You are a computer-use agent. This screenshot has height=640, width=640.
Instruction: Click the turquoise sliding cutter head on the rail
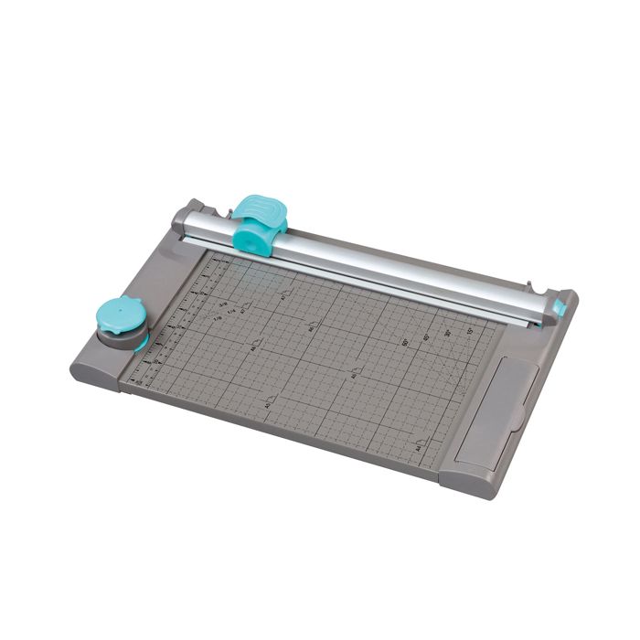point(259,222)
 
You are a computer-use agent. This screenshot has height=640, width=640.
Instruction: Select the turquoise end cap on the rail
point(558,307)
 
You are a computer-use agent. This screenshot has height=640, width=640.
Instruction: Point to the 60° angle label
point(405,343)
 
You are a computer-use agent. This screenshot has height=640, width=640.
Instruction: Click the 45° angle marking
point(427,338)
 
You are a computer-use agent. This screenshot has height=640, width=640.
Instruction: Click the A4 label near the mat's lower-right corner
point(418,449)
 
